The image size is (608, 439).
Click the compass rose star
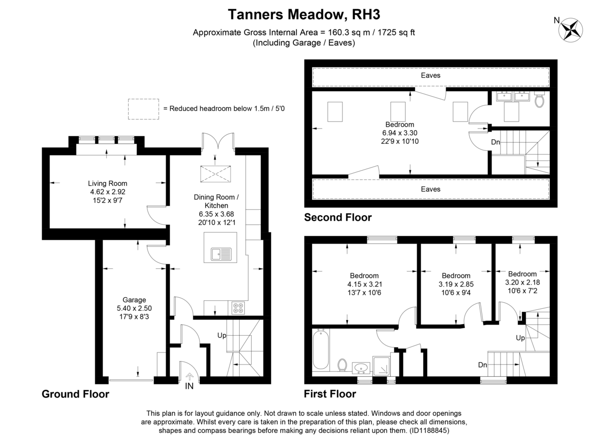[x=571, y=30]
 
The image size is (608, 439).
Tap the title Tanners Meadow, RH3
[x=304, y=15]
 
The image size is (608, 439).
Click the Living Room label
[x=108, y=183]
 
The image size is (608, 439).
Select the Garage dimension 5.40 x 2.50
[x=134, y=308]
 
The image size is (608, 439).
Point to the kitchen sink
[x=221, y=254]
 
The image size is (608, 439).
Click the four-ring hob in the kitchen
[x=238, y=308]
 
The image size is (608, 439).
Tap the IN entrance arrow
[x=189, y=377]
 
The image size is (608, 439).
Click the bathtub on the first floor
[x=321, y=349]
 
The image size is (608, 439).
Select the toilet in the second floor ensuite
[x=539, y=99]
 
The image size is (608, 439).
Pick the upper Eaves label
[x=431, y=75]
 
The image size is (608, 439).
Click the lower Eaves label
[x=431, y=189]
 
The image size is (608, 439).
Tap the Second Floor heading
[x=337, y=217]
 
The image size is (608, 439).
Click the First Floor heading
[x=330, y=394]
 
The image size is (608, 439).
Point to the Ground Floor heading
[x=75, y=394]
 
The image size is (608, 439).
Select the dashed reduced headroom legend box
[x=143, y=109]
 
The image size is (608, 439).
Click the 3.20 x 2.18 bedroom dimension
[x=522, y=282]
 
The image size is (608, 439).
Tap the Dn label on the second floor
[x=496, y=142]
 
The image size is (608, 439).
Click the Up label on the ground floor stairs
[x=222, y=336]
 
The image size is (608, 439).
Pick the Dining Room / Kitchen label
[x=216, y=202]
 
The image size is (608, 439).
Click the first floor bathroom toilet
[x=343, y=365]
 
